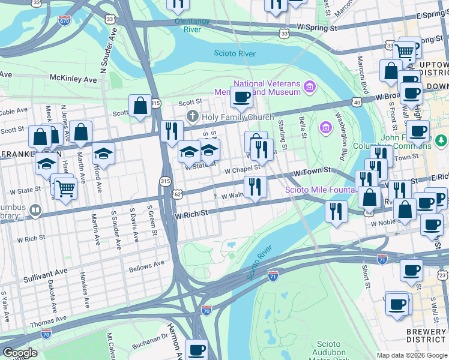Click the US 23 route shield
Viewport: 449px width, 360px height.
[442, 275]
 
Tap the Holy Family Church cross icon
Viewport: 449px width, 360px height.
[192, 115]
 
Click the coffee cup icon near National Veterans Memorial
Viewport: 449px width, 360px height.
[242, 97]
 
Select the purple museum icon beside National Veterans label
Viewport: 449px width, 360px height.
[310, 88]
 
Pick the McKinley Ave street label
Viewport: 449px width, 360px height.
[73, 79]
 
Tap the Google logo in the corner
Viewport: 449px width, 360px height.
[20, 353]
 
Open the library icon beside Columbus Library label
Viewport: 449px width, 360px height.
[36, 211]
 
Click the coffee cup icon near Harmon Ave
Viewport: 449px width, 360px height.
[196, 349]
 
